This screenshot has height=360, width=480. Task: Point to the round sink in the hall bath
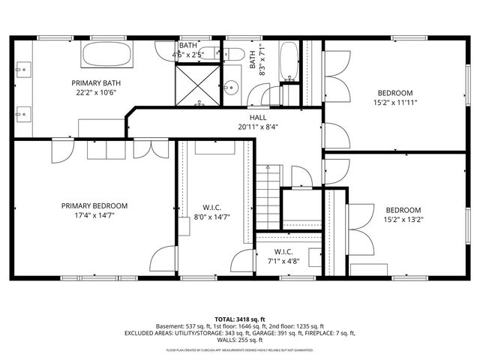pyautogui.click(x=232, y=86)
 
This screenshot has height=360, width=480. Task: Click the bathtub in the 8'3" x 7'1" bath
pyautogui.click(x=289, y=64)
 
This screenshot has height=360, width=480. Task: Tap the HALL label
pyautogui.click(x=258, y=118)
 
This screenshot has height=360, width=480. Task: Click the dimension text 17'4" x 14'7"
pyautogui.click(x=94, y=215)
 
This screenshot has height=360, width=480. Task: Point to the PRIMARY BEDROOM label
pyautogui.click(x=94, y=205)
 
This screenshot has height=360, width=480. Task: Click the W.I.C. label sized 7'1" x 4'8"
pyautogui.click(x=283, y=251)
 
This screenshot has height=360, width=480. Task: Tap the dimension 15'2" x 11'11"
pyautogui.click(x=395, y=103)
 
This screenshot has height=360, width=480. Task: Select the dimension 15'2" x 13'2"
pyautogui.click(x=403, y=220)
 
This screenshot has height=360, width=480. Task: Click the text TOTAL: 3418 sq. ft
pyautogui.click(x=240, y=319)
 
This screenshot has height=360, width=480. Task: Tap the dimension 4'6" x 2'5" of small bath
pyautogui.click(x=188, y=55)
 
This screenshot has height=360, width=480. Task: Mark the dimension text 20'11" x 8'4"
pyautogui.click(x=258, y=127)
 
